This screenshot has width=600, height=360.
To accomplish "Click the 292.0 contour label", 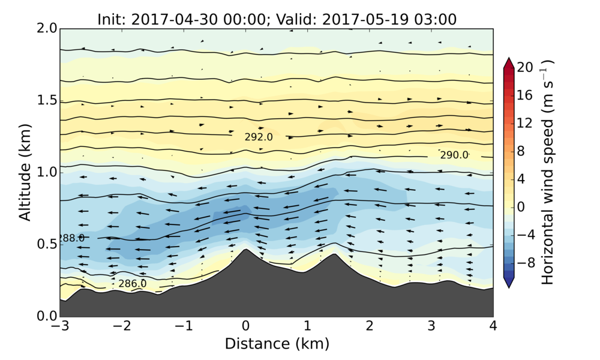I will point(259,137).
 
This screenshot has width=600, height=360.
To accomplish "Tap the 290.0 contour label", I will point(454,155).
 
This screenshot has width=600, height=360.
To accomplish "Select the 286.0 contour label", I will point(132,284).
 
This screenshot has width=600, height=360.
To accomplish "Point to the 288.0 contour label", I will point(72,238).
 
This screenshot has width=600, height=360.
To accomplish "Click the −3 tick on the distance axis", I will point(60,327).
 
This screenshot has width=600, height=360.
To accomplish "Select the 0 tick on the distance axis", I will point(245,327).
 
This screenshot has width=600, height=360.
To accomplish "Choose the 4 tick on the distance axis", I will point(493,327).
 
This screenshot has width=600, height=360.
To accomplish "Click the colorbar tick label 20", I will point(525,68).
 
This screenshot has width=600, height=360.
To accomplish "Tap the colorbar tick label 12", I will point(525,123).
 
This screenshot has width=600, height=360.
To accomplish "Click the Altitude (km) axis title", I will point(25,172).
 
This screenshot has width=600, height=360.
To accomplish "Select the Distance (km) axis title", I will point(277,344).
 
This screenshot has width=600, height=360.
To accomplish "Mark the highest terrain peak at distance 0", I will point(245,250).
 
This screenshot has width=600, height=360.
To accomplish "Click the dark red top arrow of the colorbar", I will point(508,62).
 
